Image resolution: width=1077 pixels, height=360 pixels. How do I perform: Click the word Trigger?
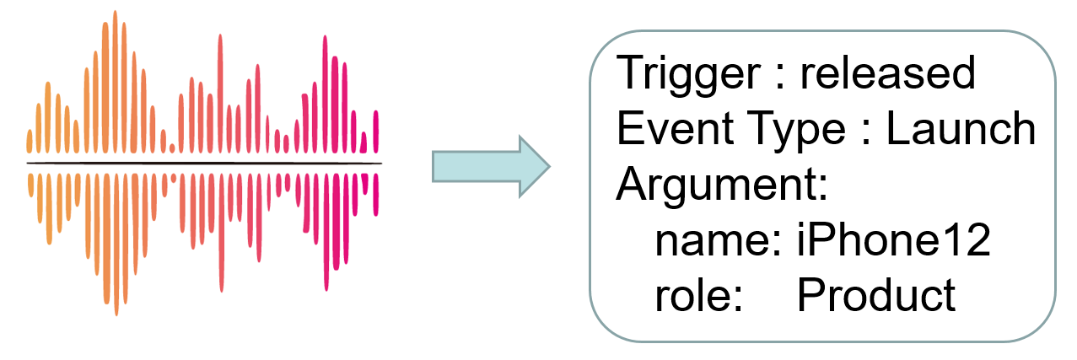(688, 74)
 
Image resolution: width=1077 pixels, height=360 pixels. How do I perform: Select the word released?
(887, 73)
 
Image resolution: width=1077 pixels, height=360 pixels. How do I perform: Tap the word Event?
(675, 128)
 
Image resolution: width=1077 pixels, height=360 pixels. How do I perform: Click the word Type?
(795, 131)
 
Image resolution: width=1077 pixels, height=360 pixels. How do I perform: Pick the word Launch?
(961, 128)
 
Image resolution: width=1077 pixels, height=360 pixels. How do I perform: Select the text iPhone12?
(894, 239)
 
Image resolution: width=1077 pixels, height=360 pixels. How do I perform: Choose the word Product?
(876, 294)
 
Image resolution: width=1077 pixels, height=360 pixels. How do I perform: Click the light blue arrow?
(491, 167)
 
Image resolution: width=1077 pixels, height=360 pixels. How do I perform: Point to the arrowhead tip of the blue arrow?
(550, 167)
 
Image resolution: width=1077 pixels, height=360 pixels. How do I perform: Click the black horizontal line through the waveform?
(204, 164)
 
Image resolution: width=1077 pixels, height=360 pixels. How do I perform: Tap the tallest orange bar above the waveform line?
(115, 82)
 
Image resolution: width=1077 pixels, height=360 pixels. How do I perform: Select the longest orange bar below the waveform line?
(116, 244)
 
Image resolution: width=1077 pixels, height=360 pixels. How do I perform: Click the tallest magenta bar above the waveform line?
(325, 94)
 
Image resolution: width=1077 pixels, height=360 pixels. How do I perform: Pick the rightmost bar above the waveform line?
(376, 132)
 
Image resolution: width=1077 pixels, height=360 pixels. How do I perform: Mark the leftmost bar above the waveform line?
(30, 142)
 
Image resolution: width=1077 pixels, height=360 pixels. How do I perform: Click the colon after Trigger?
(780, 75)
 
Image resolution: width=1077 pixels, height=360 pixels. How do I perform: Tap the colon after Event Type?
(866, 131)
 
